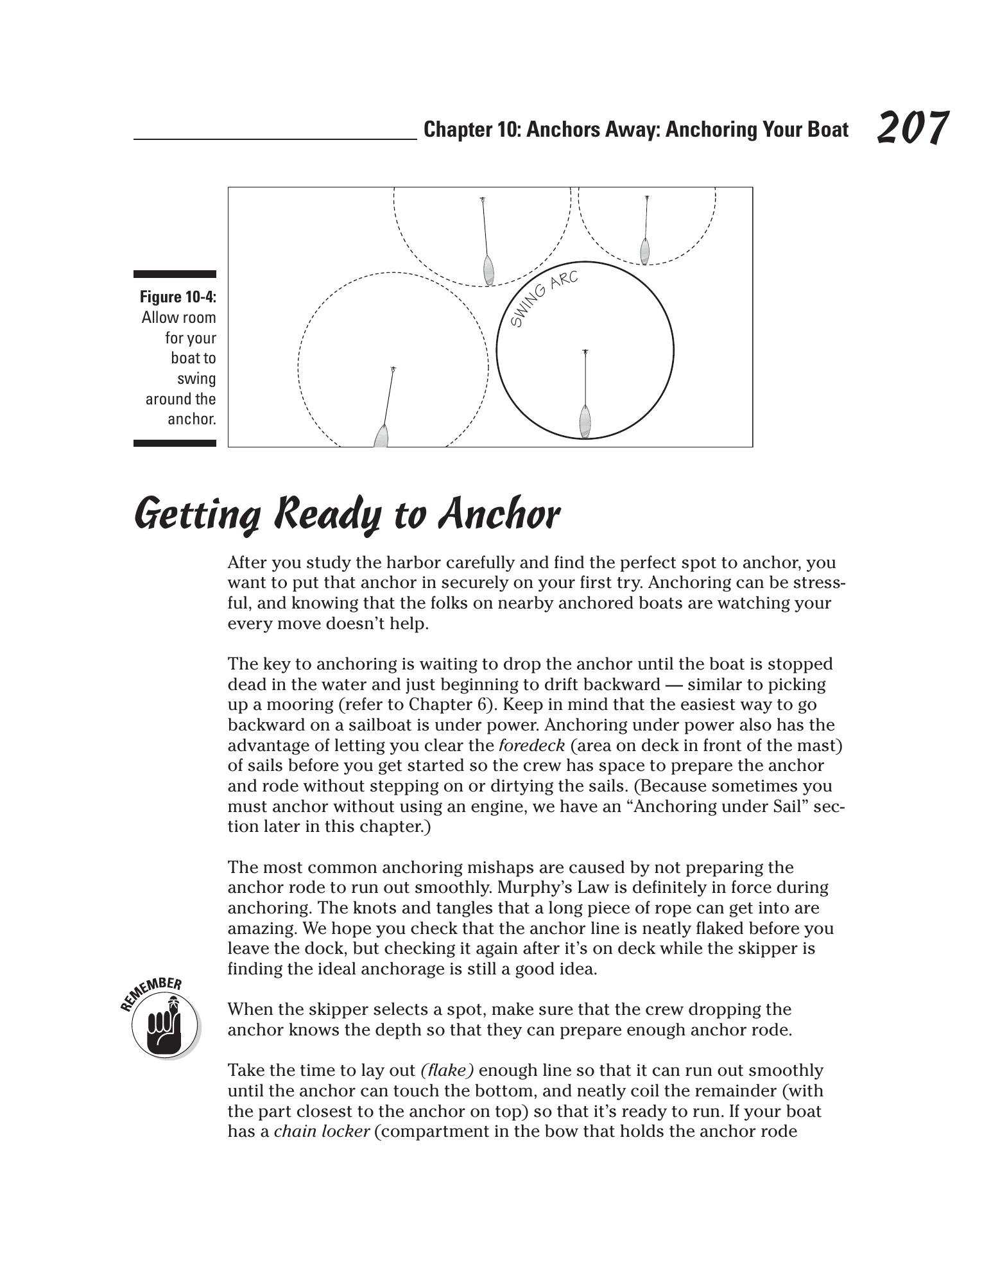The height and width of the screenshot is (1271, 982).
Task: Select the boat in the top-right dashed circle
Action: pos(645,250)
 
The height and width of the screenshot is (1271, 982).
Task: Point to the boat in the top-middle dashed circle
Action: pos(488,270)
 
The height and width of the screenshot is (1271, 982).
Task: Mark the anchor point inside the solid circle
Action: pos(585,352)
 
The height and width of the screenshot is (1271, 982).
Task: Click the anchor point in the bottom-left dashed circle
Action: pos(393,369)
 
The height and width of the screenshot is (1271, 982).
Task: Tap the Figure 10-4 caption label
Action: pos(178,297)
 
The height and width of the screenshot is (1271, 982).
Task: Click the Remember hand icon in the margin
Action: pos(163,1020)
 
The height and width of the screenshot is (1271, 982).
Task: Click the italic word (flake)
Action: pos(447,1070)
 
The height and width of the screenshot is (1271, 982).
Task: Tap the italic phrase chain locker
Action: pos(321,1131)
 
